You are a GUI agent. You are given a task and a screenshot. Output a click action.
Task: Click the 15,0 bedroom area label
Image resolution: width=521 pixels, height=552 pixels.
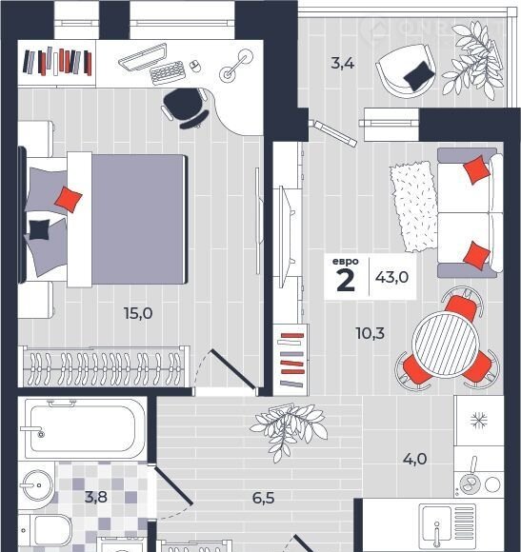point(138,313)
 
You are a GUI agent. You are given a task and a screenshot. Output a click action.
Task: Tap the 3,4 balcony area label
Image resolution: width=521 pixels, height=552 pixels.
point(342,64)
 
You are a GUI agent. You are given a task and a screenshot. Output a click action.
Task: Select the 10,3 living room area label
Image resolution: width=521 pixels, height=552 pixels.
point(371,333)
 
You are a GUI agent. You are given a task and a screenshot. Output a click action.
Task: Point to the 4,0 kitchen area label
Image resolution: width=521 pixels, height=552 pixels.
point(414,459)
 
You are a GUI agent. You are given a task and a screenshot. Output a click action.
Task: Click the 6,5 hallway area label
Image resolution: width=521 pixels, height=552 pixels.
point(263,498)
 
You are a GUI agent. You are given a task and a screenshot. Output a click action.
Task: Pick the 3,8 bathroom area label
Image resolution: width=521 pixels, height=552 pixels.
point(96,497)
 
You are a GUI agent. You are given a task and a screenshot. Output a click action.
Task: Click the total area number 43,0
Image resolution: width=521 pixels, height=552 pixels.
point(391,277)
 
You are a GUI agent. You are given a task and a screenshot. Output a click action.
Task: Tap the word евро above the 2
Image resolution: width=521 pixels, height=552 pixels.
point(345,262)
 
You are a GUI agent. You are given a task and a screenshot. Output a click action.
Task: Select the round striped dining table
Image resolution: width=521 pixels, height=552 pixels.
point(447,344)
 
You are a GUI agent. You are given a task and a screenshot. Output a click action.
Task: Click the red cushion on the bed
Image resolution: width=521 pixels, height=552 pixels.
point(69,199)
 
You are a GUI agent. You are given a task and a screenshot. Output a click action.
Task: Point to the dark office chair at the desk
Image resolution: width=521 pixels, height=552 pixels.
point(185,107)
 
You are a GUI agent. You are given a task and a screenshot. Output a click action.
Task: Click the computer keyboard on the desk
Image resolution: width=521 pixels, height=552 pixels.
point(168,73)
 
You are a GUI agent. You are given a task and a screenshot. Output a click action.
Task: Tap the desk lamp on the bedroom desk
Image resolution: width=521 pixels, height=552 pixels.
point(236,64)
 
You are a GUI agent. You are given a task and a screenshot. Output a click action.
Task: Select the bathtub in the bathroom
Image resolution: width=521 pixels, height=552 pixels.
point(83,428)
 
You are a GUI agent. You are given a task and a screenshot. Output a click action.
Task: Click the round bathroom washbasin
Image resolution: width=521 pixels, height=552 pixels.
point(38,485)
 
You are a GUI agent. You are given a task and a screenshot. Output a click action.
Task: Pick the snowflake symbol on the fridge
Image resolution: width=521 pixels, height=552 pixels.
point(479,420)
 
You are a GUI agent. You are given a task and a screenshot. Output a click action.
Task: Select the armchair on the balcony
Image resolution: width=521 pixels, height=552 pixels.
point(406,71)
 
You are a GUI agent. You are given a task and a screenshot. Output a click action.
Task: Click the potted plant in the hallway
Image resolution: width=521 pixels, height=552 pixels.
point(289,429)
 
